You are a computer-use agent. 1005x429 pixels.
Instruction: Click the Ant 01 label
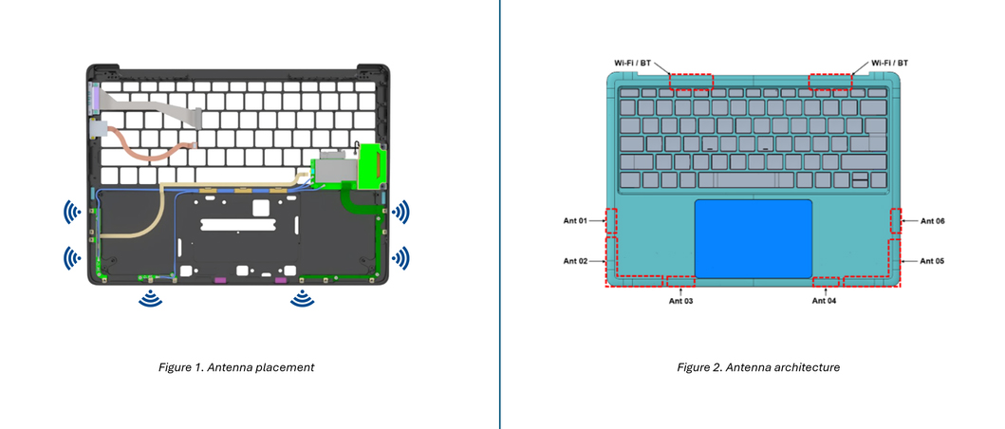[x=576, y=220]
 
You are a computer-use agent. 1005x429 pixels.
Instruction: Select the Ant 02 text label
[x=576, y=260]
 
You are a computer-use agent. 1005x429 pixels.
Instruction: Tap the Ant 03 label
[x=681, y=301]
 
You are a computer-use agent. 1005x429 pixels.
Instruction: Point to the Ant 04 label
[x=824, y=301]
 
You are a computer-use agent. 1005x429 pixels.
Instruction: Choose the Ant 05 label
[x=932, y=260]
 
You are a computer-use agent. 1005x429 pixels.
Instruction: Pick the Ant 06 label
[x=932, y=220]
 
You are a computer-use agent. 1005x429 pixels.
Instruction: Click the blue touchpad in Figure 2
[x=753, y=238]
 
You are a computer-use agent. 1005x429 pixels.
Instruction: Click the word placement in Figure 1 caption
[x=287, y=367]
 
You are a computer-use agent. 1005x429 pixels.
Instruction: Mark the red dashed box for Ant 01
[x=611, y=221]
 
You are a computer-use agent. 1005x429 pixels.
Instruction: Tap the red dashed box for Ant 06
[x=896, y=221]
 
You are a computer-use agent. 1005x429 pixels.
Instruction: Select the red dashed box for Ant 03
[x=679, y=281]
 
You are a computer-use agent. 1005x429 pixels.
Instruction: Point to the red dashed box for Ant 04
[x=827, y=282]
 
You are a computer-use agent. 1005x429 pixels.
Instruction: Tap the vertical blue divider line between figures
[x=500, y=214]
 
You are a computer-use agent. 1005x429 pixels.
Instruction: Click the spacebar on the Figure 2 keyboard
[x=744, y=179]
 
